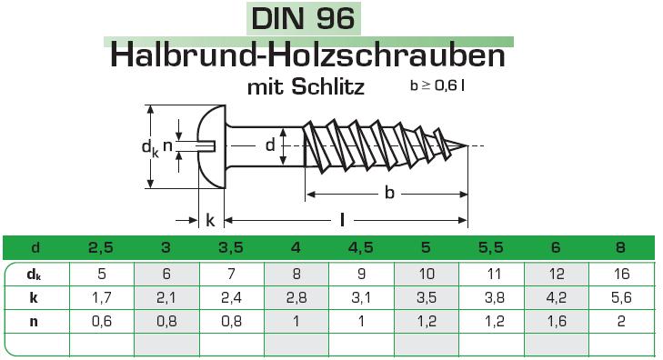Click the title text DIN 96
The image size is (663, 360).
click(x=303, y=18)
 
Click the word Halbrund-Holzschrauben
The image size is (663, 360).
click(x=307, y=55)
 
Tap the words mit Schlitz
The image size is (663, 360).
click(x=306, y=87)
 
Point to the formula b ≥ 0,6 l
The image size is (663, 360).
click(x=437, y=85)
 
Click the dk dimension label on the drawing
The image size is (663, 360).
click(x=150, y=148)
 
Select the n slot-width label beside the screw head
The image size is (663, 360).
click(x=167, y=145)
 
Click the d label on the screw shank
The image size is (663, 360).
click(x=270, y=145)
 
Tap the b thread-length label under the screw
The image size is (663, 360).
click(x=389, y=193)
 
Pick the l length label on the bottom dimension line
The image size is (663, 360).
click(x=342, y=220)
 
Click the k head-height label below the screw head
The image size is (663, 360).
click(x=210, y=220)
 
